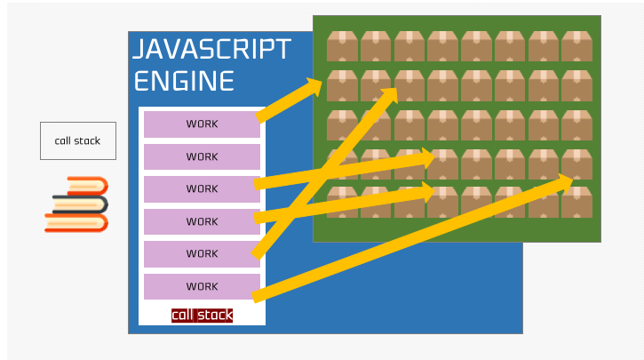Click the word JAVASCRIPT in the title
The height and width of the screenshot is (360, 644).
click(x=211, y=49)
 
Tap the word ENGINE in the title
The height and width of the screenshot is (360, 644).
click(x=184, y=81)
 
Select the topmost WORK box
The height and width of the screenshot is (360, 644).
click(x=202, y=124)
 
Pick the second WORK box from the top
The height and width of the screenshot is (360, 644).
click(x=202, y=156)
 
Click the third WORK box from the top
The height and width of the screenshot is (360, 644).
click(x=202, y=188)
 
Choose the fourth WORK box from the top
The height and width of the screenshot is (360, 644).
click(x=202, y=221)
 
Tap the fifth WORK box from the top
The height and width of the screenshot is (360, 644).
click(x=202, y=253)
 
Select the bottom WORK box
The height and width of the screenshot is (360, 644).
click(x=202, y=286)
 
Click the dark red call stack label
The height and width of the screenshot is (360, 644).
click(x=202, y=315)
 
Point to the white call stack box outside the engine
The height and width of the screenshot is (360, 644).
click(x=77, y=140)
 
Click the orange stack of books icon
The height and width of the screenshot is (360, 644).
click(x=77, y=204)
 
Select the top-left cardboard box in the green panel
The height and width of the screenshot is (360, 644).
click(x=342, y=45)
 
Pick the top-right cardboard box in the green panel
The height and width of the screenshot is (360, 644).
click(x=577, y=45)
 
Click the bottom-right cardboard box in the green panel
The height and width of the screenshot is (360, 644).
click(x=577, y=202)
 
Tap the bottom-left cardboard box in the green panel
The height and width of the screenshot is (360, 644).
click(x=342, y=202)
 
